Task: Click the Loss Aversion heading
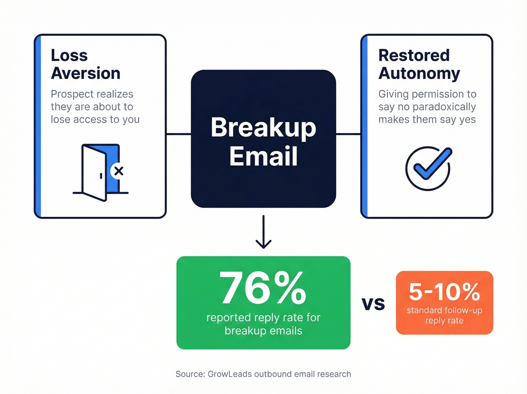85,64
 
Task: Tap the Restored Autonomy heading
419,64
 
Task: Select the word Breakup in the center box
263,127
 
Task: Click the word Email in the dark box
263,156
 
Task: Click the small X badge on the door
119,171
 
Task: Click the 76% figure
263,288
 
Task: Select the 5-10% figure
444,291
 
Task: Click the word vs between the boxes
373,303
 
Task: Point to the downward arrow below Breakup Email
263,232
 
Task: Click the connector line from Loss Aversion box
178,133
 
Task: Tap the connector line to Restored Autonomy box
348,133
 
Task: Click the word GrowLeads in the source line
230,374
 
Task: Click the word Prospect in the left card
71,94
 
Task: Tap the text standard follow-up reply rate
444,315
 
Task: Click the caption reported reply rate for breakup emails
263,324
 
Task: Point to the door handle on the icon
101,176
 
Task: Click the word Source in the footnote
190,374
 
